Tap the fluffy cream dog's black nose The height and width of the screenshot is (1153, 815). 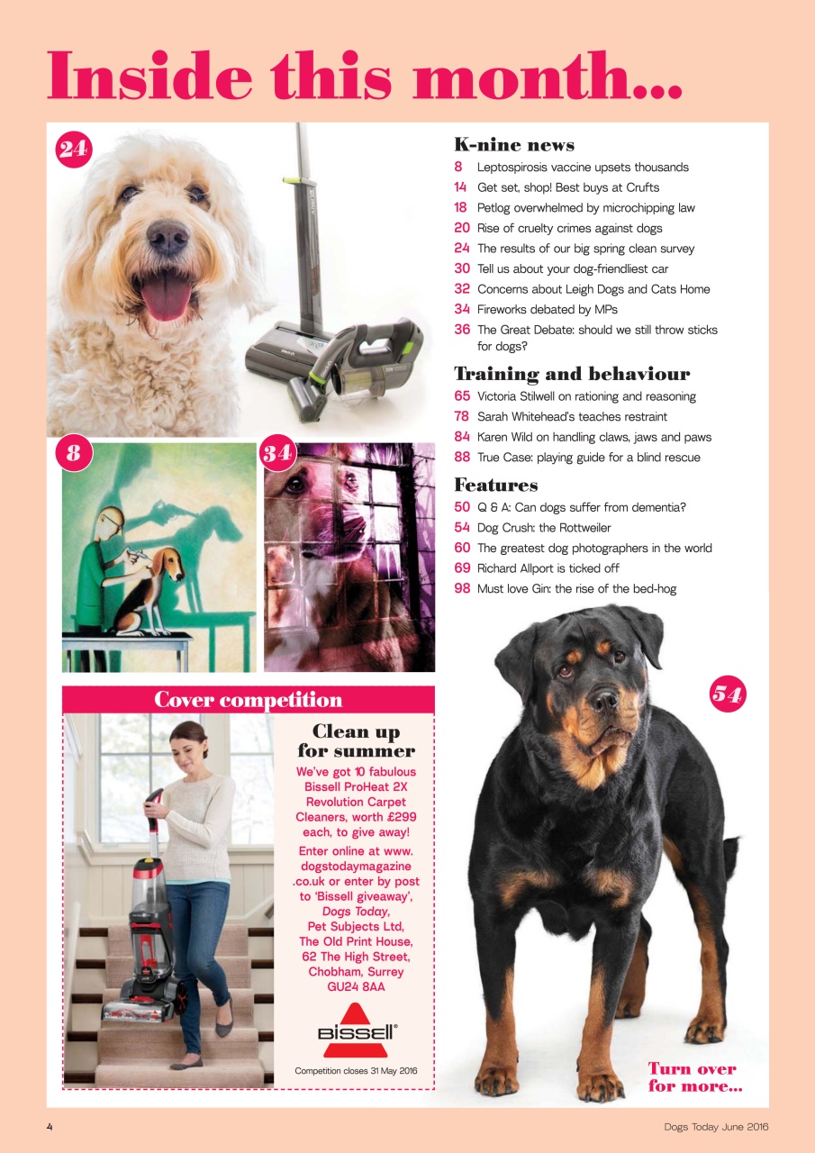click(x=168, y=236)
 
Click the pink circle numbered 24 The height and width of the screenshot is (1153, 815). click(x=74, y=149)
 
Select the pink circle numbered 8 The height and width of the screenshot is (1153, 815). click(x=74, y=453)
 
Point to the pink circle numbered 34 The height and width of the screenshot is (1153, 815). click(x=277, y=453)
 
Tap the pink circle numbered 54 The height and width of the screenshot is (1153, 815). click(x=728, y=694)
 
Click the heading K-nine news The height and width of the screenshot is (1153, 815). click(x=513, y=145)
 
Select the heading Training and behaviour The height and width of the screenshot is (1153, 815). click(x=571, y=374)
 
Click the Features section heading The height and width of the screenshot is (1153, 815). click(x=495, y=486)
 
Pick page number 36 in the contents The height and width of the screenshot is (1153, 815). click(x=462, y=330)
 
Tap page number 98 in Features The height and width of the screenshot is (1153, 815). click(x=462, y=589)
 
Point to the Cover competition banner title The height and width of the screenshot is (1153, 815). click(x=248, y=700)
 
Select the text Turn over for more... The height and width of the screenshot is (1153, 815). click(x=693, y=1077)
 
